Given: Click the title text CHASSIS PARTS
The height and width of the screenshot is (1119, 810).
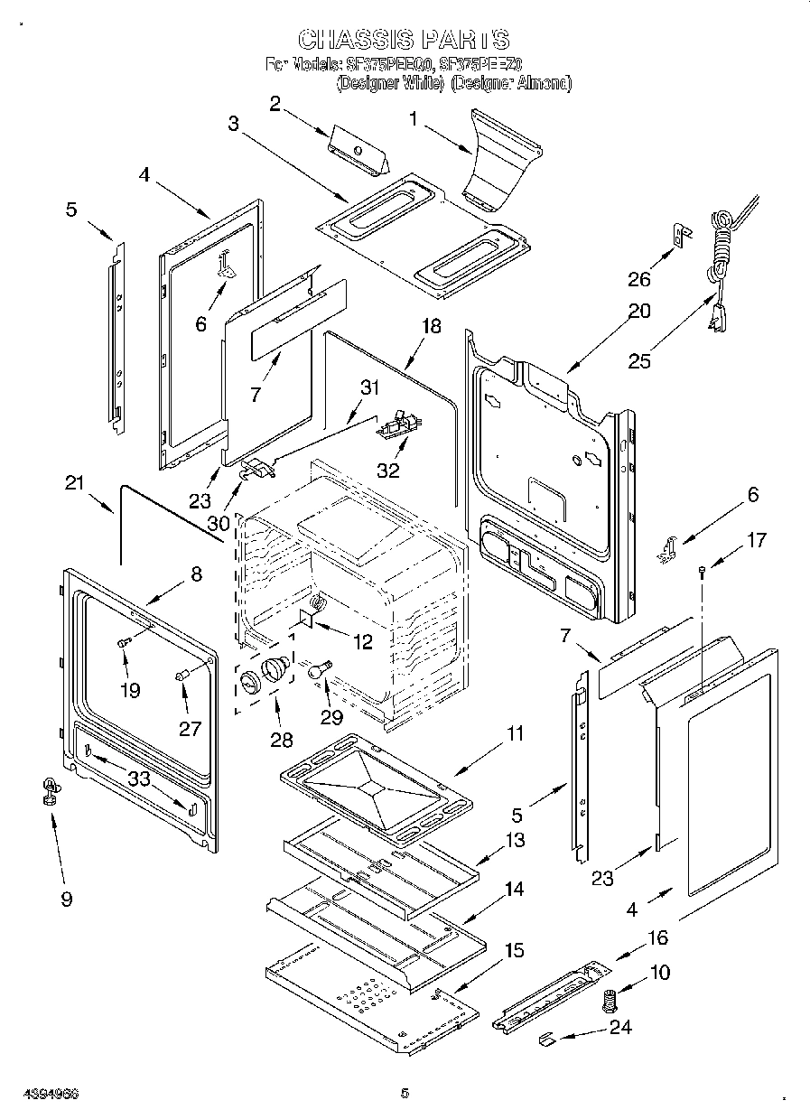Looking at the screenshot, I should coord(404,40).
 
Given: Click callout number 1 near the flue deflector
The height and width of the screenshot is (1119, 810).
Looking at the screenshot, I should coord(414,117).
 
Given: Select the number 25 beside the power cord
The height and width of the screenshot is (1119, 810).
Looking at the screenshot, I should coord(639,361).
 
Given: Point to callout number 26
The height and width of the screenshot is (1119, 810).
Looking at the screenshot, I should coord(638,279).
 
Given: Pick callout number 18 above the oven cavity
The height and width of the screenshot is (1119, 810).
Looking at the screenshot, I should coord(433,326).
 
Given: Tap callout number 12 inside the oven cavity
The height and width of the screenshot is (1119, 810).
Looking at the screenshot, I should coord(362,642).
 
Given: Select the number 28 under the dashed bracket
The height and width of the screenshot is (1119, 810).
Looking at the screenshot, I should coord(282,740).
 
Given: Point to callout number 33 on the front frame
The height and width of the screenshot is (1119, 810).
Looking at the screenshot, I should coord(139,779).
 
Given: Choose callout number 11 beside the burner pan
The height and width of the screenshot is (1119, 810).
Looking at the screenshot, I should coord(515,734).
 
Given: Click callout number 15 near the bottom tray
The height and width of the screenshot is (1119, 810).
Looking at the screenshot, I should coord(514,951).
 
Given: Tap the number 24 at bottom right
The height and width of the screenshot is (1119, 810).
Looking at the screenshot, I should coord(620,1026).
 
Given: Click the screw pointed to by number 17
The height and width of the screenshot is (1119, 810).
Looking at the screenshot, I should coord(702,569).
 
